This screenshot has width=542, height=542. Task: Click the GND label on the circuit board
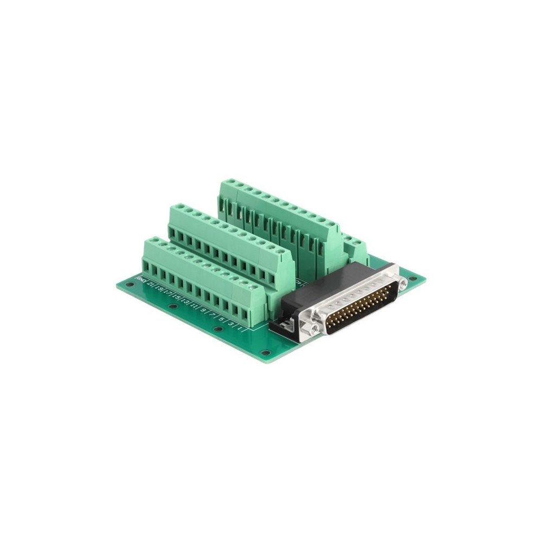[140, 280]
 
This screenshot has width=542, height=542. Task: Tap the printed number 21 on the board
[150, 284]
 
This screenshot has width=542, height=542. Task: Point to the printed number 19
[159, 288]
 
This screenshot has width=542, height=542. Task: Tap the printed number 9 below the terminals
[203, 310]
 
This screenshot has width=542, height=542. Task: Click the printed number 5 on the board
[221, 319]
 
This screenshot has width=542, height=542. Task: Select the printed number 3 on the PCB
[230, 323]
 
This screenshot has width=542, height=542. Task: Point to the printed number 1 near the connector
[240, 328]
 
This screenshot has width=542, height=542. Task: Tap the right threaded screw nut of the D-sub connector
[403, 283]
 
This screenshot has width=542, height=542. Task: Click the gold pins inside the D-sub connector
[360, 305]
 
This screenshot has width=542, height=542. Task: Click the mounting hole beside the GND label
[130, 284]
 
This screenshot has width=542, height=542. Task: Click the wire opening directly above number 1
[244, 314]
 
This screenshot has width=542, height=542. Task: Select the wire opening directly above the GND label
[146, 267]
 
